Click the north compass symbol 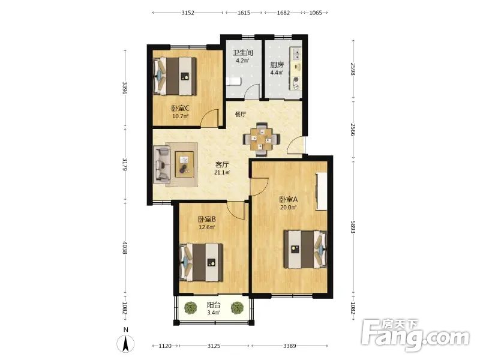point(125,343)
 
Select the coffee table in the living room point(184,164)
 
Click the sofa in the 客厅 point(161,164)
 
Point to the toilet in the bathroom point(233,82)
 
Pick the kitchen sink point(296,55)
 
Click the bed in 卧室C point(175,76)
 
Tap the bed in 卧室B point(201,262)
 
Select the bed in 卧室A point(305,250)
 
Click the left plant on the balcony point(191,307)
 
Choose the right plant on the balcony point(237,308)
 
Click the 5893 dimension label point(353,227)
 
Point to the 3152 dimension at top point(188,13)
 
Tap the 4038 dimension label point(125,247)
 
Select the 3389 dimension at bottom point(290,346)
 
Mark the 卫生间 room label point(243,53)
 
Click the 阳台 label point(214,305)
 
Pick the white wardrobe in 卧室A point(322,191)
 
